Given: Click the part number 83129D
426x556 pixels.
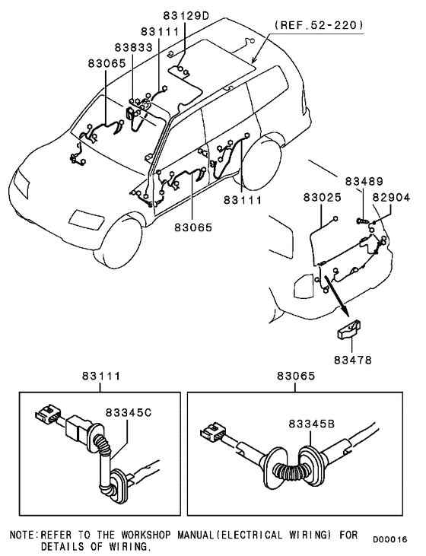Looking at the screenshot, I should coord(186,15).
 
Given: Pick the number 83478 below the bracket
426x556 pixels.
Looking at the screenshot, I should coord(351,358).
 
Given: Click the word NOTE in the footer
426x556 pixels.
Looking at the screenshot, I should coord(21,535).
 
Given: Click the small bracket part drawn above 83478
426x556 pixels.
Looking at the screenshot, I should coord(349,332).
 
